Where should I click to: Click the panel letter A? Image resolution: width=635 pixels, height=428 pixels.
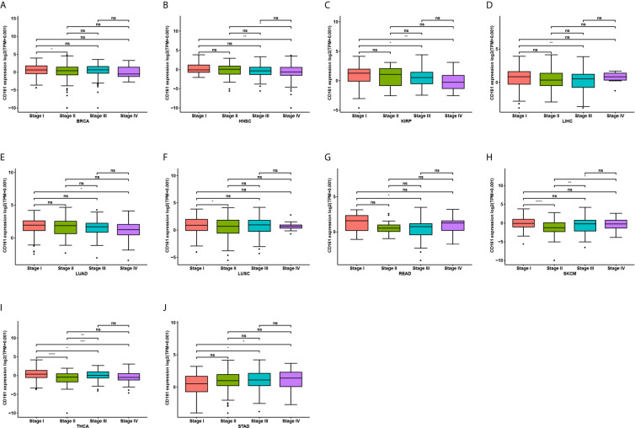coord(5,5)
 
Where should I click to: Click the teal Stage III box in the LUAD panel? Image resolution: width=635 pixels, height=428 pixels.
coord(98,227)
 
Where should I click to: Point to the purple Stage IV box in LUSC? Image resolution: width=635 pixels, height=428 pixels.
coord(288,226)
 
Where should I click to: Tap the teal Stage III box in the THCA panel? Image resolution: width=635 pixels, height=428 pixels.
coord(98,374)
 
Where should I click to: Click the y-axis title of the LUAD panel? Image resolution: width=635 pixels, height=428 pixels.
coord(7,219)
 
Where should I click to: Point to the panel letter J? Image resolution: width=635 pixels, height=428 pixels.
coord(164,304)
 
